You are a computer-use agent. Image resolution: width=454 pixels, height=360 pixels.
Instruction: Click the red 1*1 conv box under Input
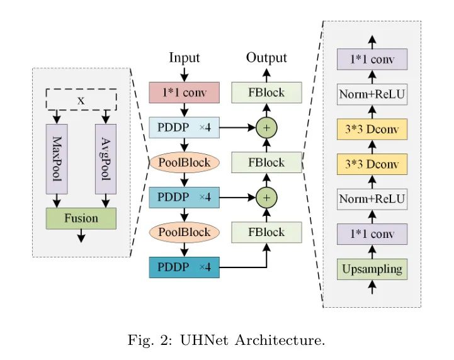184,93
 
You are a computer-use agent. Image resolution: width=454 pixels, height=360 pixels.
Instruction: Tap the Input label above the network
184,58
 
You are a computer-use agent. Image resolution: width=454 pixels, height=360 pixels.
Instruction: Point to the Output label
266,58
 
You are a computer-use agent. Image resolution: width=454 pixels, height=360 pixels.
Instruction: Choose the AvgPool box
105,158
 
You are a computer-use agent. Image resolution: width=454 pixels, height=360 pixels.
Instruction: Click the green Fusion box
81,218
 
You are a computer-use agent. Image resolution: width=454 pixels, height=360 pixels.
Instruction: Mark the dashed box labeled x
81,99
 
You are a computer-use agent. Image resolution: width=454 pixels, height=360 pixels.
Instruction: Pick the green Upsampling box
372,269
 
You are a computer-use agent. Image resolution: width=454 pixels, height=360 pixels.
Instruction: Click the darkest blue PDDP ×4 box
184,267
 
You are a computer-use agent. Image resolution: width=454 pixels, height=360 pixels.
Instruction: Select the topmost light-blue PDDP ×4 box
184,128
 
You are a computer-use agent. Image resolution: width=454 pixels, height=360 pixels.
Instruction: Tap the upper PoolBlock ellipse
184,162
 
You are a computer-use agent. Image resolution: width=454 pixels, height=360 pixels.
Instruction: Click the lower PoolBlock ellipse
184,232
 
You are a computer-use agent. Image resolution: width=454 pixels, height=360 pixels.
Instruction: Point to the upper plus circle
266,128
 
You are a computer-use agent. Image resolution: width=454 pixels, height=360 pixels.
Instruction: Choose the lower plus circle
266,198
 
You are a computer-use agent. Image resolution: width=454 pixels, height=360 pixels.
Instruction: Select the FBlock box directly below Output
266,93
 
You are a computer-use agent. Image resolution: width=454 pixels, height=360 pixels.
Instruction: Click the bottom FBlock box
266,232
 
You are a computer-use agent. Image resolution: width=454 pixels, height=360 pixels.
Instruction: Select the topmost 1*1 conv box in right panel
372,60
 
